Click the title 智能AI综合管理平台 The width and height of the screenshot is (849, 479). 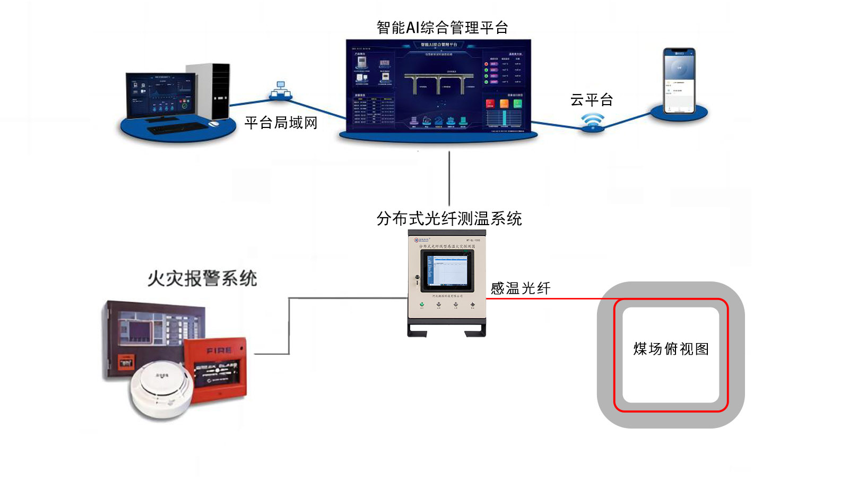click(442, 28)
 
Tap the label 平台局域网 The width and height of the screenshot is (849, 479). click(281, 123)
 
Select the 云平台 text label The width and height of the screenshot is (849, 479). click(592, 99)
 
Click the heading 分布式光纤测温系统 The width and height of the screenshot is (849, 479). click(449, 218)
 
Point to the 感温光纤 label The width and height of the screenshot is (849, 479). click(521, 288)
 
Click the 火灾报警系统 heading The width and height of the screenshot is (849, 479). click(202, 278)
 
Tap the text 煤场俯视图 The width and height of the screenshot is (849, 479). click(671, 349)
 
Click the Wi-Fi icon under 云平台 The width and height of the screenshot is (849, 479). click(592, 121)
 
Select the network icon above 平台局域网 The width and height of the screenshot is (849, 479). click(280, 90)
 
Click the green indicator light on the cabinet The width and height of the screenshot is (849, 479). click(422, 304)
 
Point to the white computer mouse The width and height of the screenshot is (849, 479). click(214, 124)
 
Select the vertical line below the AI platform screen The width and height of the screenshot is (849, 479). click(449, 178)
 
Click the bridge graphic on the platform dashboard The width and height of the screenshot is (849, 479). click(438, 83)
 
